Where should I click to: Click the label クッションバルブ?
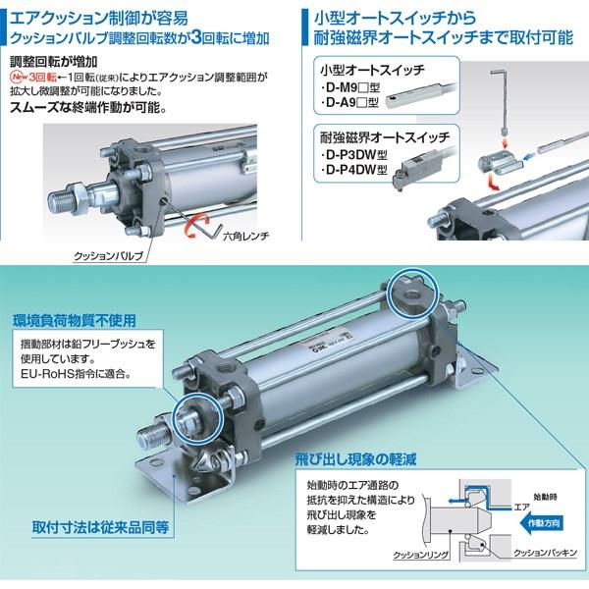[x=109, y=256]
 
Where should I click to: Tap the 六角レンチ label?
[x=246, y=237]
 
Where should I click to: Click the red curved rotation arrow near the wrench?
[x=198, y=225]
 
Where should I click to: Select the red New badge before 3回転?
[x=20, y=77]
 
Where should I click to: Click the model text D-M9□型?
[x=350, y=88]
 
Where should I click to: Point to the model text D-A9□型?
[x=349, y=102]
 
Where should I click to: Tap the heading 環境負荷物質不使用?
[x=75, y=321]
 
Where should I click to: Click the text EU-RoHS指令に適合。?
[x=76, y=374]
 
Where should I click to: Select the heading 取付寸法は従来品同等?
[x=101, y=527]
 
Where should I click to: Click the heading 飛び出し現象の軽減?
[x=355, y=459]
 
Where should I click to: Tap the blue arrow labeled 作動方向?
[x=541, y=523]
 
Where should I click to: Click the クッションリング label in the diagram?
[x=420, y=555]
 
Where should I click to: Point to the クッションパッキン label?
[x=545, y=553]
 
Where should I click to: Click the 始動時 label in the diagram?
[x=545, y=498]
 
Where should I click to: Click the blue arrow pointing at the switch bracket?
[x=529, y=155]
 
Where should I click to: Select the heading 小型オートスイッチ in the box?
[x=372, y=70]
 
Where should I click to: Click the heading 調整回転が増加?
[x=54, y=62]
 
